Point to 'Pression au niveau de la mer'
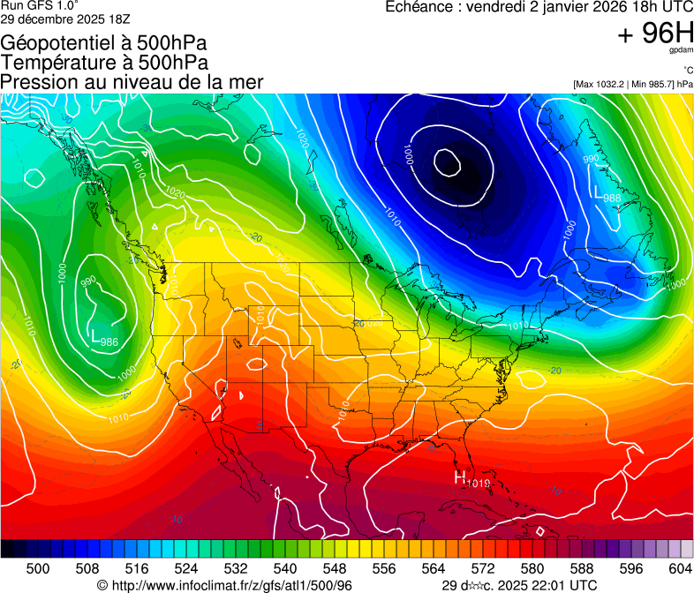pyautogui.click(x=132, y=82)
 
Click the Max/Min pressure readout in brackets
pyautogui.click(x=632, y=84)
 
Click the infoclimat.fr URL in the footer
pyautogui.click(x=224, y=585)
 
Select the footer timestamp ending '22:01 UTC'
pyautogui.click(x=519, y=585)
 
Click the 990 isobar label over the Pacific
pyautogui.click(x=88, y=282)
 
